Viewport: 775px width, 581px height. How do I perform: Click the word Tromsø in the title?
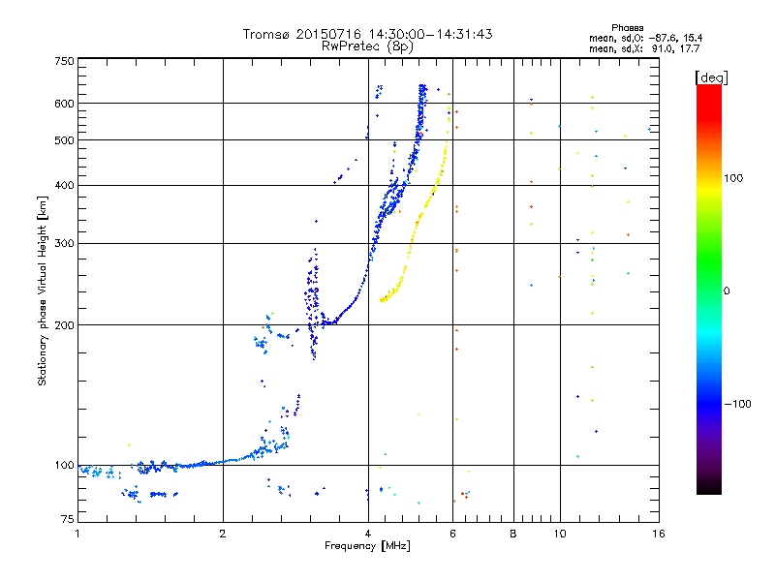[266, 34]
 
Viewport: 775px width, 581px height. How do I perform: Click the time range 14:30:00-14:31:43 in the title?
[430, 34]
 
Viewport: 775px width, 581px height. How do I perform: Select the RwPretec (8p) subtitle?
[367, 46]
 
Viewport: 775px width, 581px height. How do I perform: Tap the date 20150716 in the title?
[328, 34]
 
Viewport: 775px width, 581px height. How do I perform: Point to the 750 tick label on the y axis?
[64, 61]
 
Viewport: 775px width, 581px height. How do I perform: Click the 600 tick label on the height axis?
[64, 104]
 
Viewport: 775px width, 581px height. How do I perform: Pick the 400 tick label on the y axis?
[64, 185]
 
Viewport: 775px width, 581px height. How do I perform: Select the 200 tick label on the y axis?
[64, 325]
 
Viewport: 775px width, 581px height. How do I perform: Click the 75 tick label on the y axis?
[68, 519]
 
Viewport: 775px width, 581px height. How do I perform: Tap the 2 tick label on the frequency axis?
[223, 534]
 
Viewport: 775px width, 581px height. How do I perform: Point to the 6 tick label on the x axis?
[452, 534]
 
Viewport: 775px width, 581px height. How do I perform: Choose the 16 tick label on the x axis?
[659, 534]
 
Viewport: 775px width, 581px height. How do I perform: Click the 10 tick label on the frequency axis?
[560, 534]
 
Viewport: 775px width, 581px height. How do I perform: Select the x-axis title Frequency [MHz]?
[367, 546]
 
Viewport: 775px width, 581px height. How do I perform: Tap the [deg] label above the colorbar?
[711, 78]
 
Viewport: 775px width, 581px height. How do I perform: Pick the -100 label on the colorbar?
[737, 404]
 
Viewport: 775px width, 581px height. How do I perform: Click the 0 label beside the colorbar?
[727, 291]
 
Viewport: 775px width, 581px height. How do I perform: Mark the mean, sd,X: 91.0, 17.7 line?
[644, 49]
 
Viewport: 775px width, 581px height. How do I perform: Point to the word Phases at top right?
[627, 28]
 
